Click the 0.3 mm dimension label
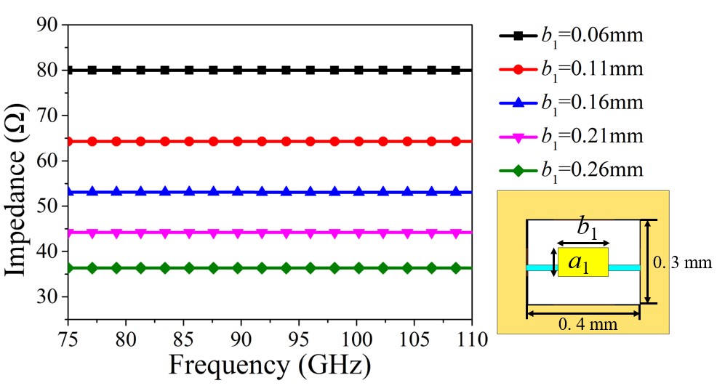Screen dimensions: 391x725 [681, 262]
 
